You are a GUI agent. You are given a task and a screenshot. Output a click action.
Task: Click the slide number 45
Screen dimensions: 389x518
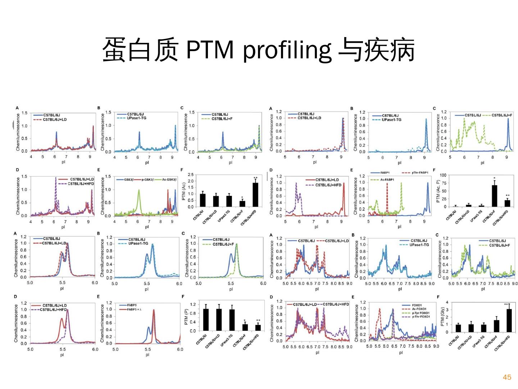[507, 377]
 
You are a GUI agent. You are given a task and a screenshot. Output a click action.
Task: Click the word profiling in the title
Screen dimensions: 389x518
[287, 50]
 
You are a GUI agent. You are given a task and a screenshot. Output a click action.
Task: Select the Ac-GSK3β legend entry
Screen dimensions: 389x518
[169, 179]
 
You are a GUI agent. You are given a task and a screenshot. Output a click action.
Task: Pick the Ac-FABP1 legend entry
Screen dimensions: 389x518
[387, 179]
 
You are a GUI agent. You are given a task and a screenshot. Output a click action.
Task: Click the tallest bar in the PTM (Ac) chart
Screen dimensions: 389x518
[255, 194]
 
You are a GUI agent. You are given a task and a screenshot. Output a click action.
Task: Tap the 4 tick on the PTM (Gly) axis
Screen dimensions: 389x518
[447, 302]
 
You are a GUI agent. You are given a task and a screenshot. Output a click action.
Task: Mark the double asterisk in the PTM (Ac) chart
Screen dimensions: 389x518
[255, 178]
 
